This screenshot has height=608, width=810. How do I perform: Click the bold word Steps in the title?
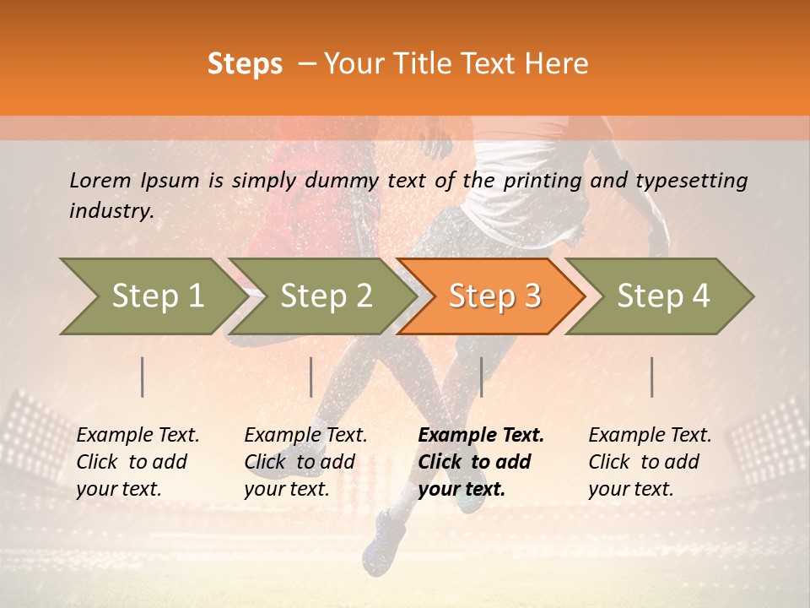click(245, 64)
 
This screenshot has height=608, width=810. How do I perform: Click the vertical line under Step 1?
click(143, 377)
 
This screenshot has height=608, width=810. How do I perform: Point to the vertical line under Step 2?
click(311, 377)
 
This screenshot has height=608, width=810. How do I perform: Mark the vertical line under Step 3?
click(481, 377)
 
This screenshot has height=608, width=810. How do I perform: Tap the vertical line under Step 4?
click(652, 377)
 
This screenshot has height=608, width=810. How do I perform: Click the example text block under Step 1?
click(138, 462)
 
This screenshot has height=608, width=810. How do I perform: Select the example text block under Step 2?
click(305, 462)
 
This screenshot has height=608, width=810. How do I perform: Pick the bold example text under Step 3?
click(481, 462)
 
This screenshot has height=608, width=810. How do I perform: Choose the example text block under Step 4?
click(650, 462)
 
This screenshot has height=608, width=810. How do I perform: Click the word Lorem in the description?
click(100, 180)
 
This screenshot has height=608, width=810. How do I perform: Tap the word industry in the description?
click(111, 211)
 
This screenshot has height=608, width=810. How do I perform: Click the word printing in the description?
click(543, 180)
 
